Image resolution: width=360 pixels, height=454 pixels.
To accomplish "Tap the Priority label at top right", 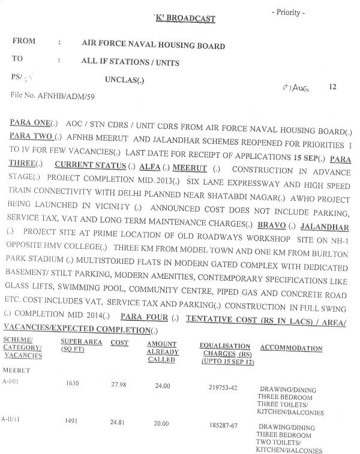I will [288, 13].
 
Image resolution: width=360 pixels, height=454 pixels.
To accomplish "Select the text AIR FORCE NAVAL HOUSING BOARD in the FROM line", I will [153, 46].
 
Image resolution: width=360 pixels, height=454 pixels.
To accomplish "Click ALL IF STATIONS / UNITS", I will [130, 61].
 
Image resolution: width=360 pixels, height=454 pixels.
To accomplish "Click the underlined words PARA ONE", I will [30, 122].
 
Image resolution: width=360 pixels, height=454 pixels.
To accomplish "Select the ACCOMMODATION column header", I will [291, 348].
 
